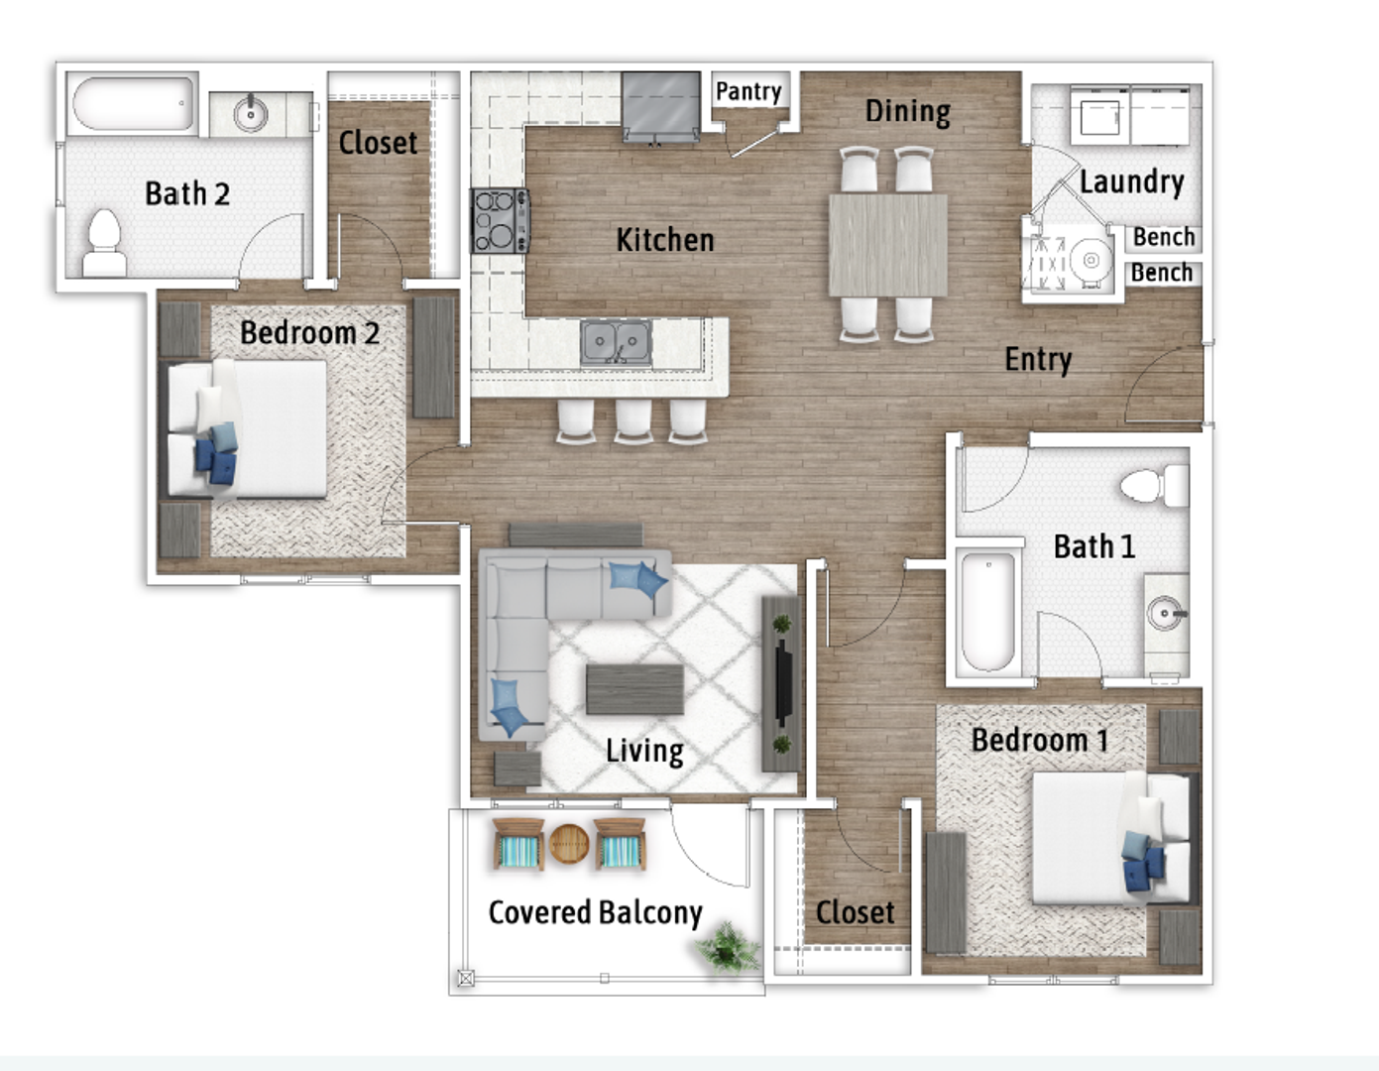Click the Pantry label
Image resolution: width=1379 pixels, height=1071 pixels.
(x=748, y=91)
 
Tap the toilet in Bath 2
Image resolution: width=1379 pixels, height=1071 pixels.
(x=105, y=243)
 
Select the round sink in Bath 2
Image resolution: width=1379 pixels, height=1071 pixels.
(x=251, y=114)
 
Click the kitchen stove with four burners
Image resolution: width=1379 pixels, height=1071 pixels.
(x=500, y=221)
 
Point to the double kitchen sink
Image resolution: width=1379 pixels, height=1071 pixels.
(x=616, y=343)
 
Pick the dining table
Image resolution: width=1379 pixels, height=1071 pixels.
(x=888, y=245)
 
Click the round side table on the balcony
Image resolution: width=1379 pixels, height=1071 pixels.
(x=569, y=844)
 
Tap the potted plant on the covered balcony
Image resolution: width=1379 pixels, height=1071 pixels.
(x=728, y=947)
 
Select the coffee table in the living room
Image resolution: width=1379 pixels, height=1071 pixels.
(x=634, y=689)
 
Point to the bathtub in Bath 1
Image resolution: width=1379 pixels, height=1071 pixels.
(x=988, y=612)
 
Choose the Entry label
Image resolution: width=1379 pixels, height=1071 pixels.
(x=1038, y=360)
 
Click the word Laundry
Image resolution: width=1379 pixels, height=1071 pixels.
(x=1131, y=182)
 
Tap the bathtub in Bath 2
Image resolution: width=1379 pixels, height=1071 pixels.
(x=133, y=103)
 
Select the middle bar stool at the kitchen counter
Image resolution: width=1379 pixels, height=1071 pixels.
(x=632, y=420)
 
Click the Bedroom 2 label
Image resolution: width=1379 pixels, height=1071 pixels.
(x=309, y=333)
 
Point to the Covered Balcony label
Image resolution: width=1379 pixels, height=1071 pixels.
(x=595, y=913)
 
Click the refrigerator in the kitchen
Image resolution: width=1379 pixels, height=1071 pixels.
(x=660, y=107)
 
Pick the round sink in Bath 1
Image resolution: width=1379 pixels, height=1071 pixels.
(x=1165, y=614)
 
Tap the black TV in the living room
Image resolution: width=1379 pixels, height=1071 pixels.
(x=783, y=682)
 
